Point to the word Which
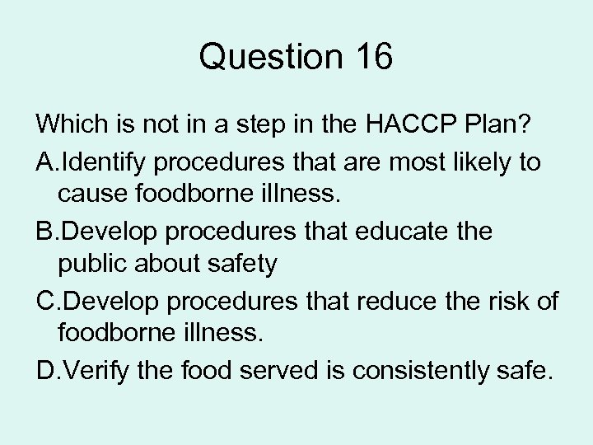70,126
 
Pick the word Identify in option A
105,162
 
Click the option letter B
47,232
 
